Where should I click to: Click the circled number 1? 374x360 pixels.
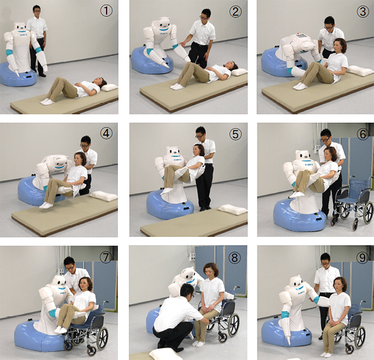[x=107, y=11]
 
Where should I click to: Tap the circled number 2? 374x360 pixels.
[x=236, y=12]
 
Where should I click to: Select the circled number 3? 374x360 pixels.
[x=363, y=12]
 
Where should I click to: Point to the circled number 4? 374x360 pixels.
[x=106, y=133]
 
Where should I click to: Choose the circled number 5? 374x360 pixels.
[x=235, y=134]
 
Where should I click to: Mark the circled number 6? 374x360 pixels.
[x=363, y=134]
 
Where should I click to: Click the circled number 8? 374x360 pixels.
[x=234, y=258]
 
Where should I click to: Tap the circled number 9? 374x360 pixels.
[x=363, y=257]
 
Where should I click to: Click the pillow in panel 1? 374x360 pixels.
[x=108, y=87]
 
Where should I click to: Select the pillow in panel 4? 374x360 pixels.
[x=103, y=196]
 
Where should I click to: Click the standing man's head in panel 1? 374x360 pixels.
[x=37, y=10]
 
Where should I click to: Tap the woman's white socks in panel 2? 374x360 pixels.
[x=177, y=86]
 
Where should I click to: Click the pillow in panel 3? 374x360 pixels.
[x=360, y=70]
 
